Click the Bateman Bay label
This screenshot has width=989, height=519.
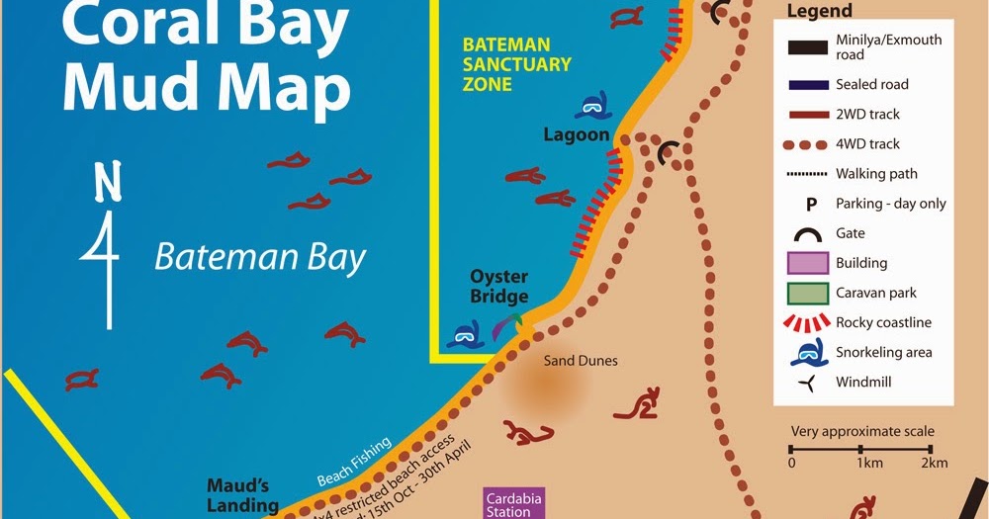point(260,258)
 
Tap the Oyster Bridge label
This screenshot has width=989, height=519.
point(498,287)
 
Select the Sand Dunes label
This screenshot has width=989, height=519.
point(581,361)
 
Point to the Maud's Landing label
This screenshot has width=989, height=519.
point(242,495)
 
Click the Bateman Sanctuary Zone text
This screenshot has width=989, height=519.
point(517,64)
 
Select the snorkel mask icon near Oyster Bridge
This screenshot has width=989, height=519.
point(464,334)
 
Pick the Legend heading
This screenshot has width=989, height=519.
point(819,12)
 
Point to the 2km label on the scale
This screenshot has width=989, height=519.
point(933,463)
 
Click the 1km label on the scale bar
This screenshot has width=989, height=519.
point(869,463)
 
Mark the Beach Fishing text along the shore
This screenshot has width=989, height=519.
point(354,462)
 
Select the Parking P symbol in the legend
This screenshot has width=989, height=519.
point(810,204)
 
